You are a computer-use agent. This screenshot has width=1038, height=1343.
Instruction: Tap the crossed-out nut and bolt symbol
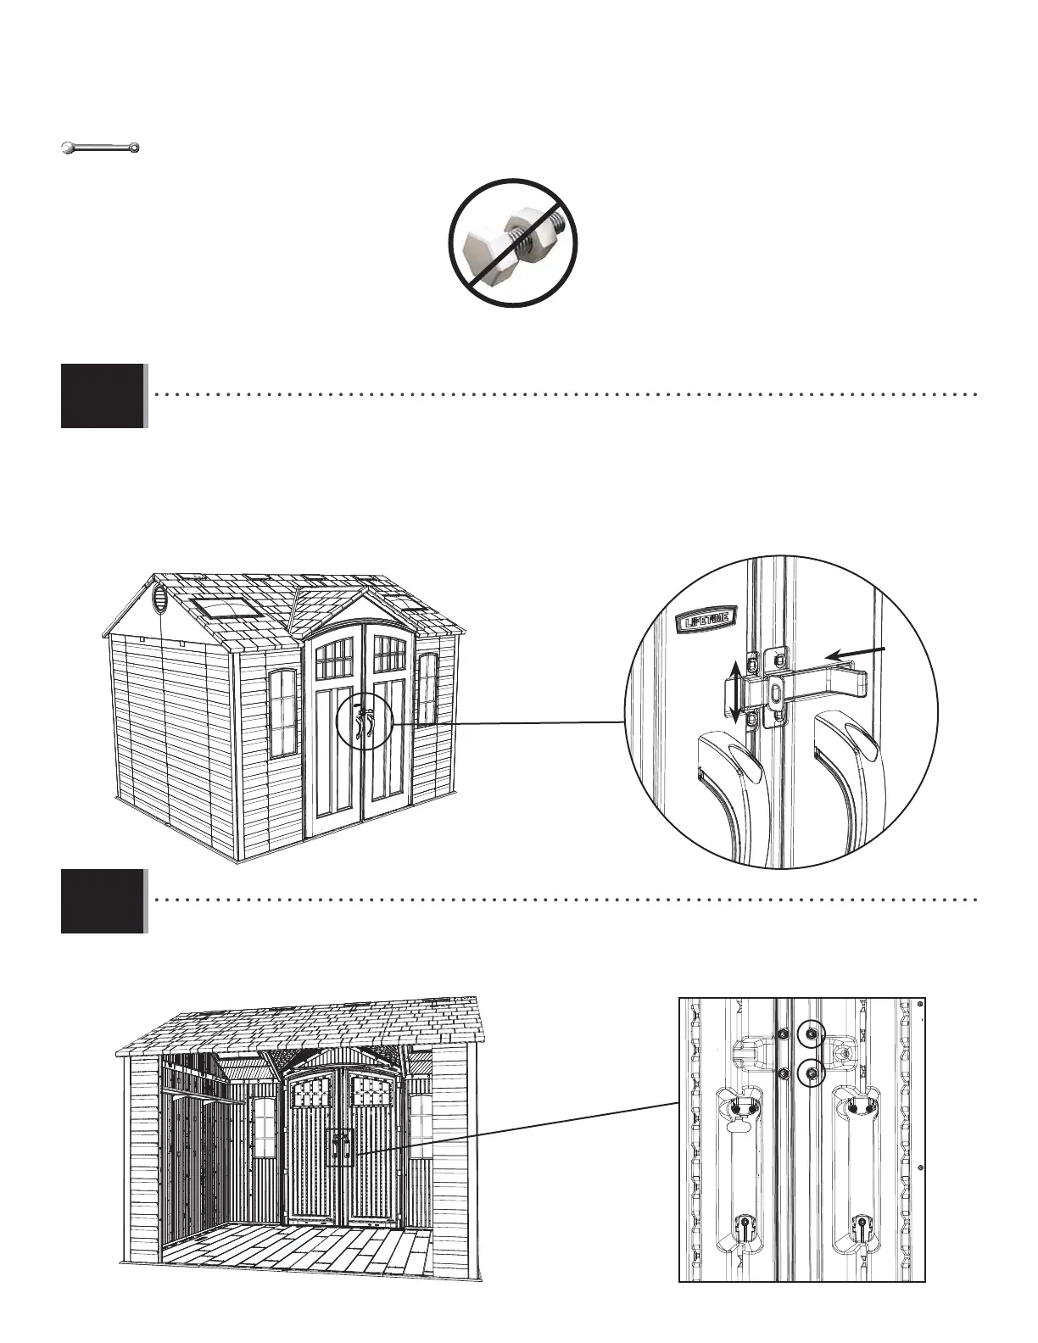(513, 243)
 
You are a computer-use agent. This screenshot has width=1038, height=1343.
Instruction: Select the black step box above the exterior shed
(103, 395)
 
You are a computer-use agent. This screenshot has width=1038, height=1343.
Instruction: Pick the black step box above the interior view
(103, 900)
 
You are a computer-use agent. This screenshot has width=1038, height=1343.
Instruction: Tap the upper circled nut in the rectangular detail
(812, 1034)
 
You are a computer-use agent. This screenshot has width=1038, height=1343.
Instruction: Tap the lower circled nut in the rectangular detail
(812, 1073)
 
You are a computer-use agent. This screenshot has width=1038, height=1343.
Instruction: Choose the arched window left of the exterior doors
(283, 713)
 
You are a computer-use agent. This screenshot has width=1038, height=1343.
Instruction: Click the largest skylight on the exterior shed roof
(226, 607)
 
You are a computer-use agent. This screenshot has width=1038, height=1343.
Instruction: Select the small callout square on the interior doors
(341, 1147)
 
